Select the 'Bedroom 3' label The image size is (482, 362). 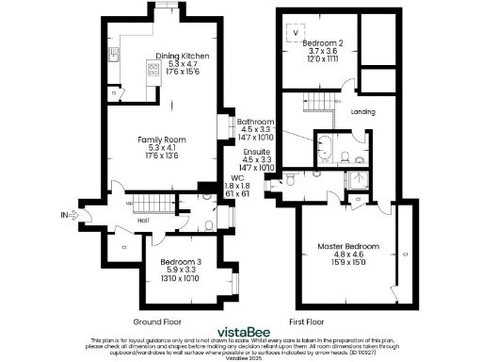click(180, 261)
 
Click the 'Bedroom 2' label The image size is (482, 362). click(329, 42)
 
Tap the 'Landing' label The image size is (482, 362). click(362, 112)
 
